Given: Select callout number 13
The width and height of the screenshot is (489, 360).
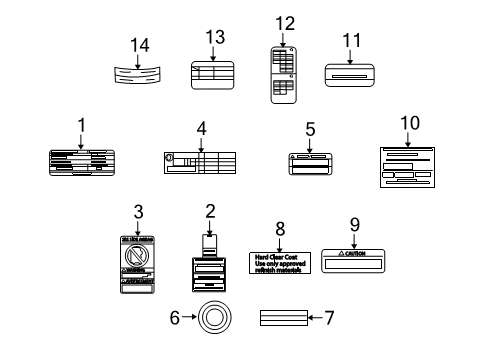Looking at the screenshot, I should tap(211, 36).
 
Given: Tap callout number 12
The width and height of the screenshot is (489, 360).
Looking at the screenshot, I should tap(285, 23).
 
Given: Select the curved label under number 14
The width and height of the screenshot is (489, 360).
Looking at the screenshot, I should tap(137, 75).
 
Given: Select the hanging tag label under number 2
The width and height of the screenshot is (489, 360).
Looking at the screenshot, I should tap(212, 269).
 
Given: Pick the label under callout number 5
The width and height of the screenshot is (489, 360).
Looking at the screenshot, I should tap(313, 164).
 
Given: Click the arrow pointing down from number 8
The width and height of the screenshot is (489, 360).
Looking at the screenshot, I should tap(278, 242).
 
